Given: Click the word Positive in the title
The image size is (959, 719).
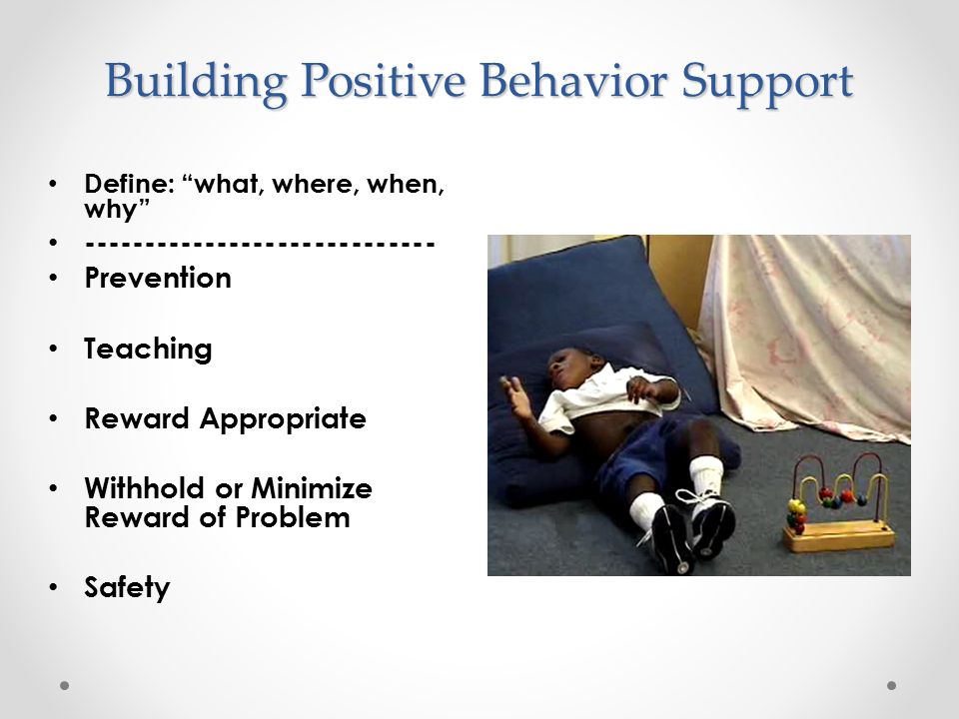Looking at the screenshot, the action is tap(384, 80).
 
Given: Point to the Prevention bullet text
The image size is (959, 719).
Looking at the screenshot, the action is tap(158, 278).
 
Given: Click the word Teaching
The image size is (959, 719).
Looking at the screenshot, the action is tap(148, 350).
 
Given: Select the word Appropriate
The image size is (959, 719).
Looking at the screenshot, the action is tap(283, 420).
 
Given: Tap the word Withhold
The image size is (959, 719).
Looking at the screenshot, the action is tap(144, 488).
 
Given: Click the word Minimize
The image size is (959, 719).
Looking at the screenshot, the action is tap(312, 488).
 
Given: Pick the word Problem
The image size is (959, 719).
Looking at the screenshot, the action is tap(293, 517).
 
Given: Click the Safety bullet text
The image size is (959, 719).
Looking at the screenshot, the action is tap(127, 588).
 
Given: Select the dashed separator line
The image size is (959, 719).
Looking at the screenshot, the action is tap(260, 244).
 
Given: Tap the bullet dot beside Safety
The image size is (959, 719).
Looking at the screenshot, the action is tap(54, 587).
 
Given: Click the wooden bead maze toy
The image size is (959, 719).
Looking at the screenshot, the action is tap(839, 502).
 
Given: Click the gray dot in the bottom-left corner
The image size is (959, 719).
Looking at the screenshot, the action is tap(64, 685).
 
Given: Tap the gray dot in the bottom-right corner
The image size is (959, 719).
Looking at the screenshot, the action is tap(892, 685).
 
